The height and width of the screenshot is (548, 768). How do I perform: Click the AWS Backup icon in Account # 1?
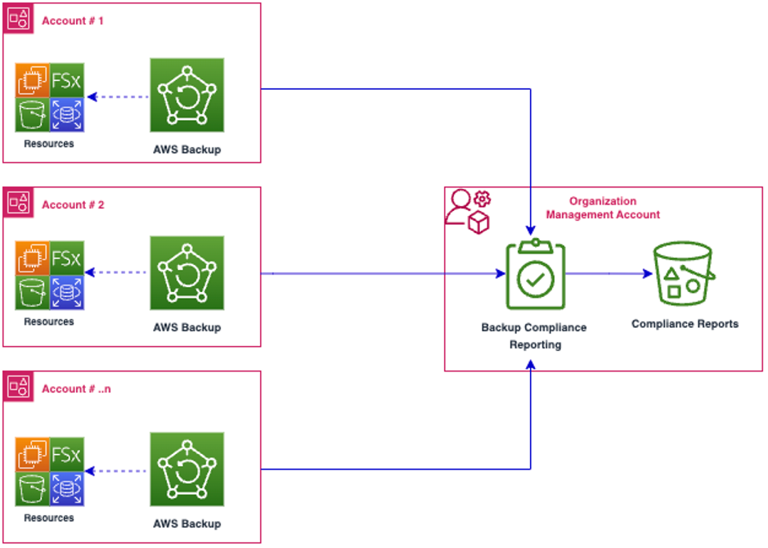coord(186,95)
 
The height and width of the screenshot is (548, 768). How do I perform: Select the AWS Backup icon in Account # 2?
coord(186,273)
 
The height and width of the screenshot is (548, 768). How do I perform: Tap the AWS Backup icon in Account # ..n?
coord(186,469)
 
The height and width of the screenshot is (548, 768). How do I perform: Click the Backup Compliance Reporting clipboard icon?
coord(535,275)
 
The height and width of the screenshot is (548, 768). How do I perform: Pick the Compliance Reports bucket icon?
coord(684,274)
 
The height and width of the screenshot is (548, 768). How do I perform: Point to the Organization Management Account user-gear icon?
coord(466,211)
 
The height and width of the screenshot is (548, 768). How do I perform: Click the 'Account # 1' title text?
coord(73,20)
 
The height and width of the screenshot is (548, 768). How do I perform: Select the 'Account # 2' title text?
coord(73,204)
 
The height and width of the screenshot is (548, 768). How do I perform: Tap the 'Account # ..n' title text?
coord(76,389)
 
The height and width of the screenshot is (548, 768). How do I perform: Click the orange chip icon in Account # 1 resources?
coord(33,79)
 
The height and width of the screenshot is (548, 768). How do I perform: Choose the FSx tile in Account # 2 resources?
coord(67,258)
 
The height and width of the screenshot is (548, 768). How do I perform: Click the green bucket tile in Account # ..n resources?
coord(33,489)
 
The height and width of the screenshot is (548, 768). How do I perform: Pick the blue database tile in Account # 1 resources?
coord(67,115)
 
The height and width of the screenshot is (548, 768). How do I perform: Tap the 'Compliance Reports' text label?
coord(685,324)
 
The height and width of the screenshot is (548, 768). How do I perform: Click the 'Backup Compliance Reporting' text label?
coord(534,335)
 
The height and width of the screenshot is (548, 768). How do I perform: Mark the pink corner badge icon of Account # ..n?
coord(18,387)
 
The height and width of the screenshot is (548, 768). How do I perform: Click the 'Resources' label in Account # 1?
coord(49,144)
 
